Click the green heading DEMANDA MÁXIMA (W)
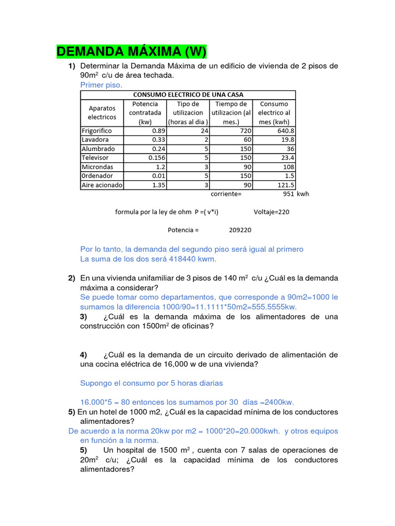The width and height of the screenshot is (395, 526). point(131,51)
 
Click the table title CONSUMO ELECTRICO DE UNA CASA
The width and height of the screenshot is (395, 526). point(188,95)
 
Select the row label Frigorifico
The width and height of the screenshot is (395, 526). point(97,131)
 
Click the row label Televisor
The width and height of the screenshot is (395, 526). point(95,158)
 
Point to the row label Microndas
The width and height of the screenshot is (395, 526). point(97,167)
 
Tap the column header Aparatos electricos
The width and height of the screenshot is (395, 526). point(102,113)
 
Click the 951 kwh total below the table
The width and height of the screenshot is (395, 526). point(296,194)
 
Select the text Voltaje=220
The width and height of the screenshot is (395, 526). point(272,212)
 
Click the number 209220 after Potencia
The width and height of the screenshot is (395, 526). point(240,230)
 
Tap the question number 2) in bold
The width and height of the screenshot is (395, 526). point(72,278)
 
